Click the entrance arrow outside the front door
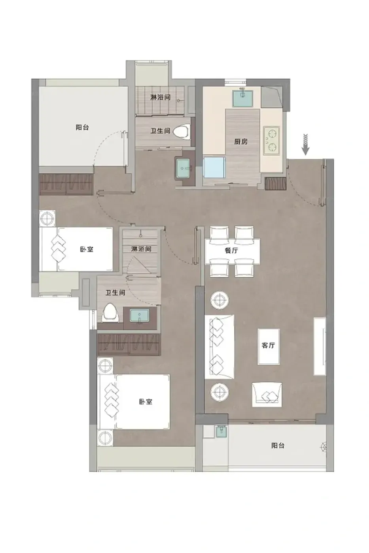coord(305,145)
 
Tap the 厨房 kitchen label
coord(240,142)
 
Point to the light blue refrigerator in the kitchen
coord(214,167)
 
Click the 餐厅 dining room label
coord(231,250)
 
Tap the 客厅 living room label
coord(268,345)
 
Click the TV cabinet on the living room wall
coord(320,346)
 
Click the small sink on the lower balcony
coord(221,432)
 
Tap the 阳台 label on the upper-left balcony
coord(82,127)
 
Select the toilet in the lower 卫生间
coord(110,313)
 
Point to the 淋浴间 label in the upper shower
coord(161,97)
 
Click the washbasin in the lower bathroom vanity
coord(139,316)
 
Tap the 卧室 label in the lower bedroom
coord(145,402)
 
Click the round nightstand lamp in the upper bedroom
coord(47,218)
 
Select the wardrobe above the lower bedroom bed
coord(129,344)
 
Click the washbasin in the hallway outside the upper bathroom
coord(183,168)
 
